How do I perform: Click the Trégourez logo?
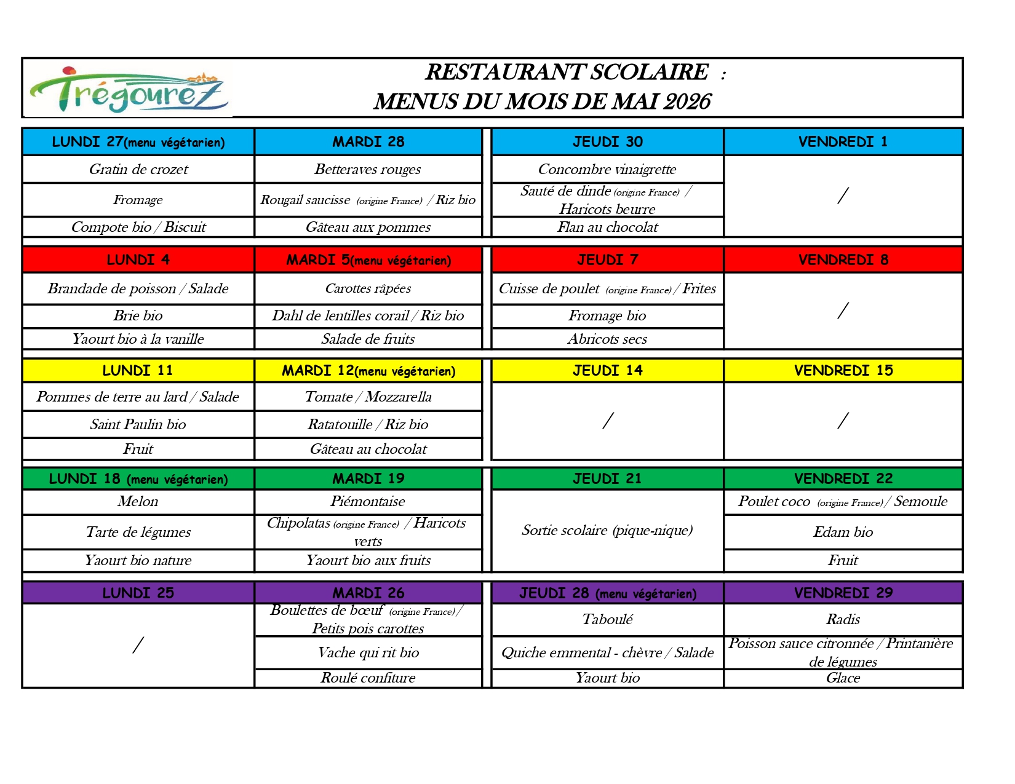pos(128,90)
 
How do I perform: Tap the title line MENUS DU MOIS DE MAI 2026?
pos(542,101)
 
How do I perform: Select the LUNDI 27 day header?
pos(138,142)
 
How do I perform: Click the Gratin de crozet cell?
pos(138,169)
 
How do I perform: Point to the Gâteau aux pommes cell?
pos(368,227)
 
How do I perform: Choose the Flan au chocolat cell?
pos(607,227)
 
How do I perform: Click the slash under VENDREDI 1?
pos(843,196)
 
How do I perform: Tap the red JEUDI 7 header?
pos(607,259)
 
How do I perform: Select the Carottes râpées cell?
pos(368,288)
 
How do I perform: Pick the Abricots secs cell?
pos(607,339)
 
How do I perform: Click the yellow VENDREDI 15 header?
pos(843,370)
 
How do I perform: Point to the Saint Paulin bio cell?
pos(138,424)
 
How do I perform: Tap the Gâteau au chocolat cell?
pos(368,449)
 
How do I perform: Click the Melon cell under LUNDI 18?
pos(138,501)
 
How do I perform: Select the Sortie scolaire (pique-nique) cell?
pos(607,530)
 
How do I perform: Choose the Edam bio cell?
pos(843,532)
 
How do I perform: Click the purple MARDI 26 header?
pos(368,593)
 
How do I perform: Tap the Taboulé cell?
pos(607,619)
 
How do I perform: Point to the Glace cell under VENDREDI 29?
pos(843,678)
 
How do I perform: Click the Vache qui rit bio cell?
pos(368,652)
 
